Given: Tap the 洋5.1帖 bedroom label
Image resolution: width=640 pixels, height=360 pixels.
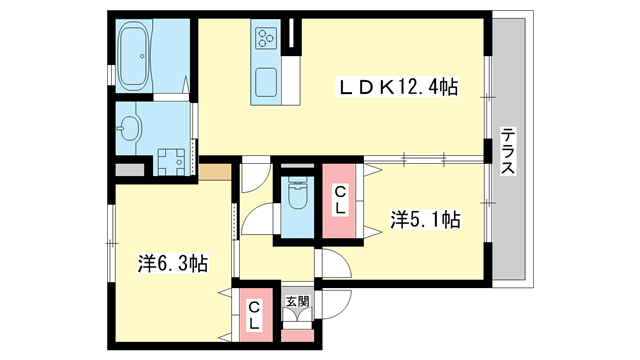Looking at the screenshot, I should click(x=425, y=217).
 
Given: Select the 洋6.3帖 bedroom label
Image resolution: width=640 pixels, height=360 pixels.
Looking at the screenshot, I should click(x=172, y=264).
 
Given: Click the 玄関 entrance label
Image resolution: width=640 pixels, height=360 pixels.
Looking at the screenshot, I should click(x=297, y=300).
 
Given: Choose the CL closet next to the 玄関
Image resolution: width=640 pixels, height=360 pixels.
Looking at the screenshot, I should click(x=254, y=314).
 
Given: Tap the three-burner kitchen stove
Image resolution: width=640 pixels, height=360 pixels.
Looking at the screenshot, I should click(x=267, y=39).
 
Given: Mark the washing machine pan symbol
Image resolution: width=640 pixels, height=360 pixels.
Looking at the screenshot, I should click(x=172, y=160).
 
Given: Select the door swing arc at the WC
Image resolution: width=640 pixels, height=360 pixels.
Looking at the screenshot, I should click(x=258, y=218).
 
